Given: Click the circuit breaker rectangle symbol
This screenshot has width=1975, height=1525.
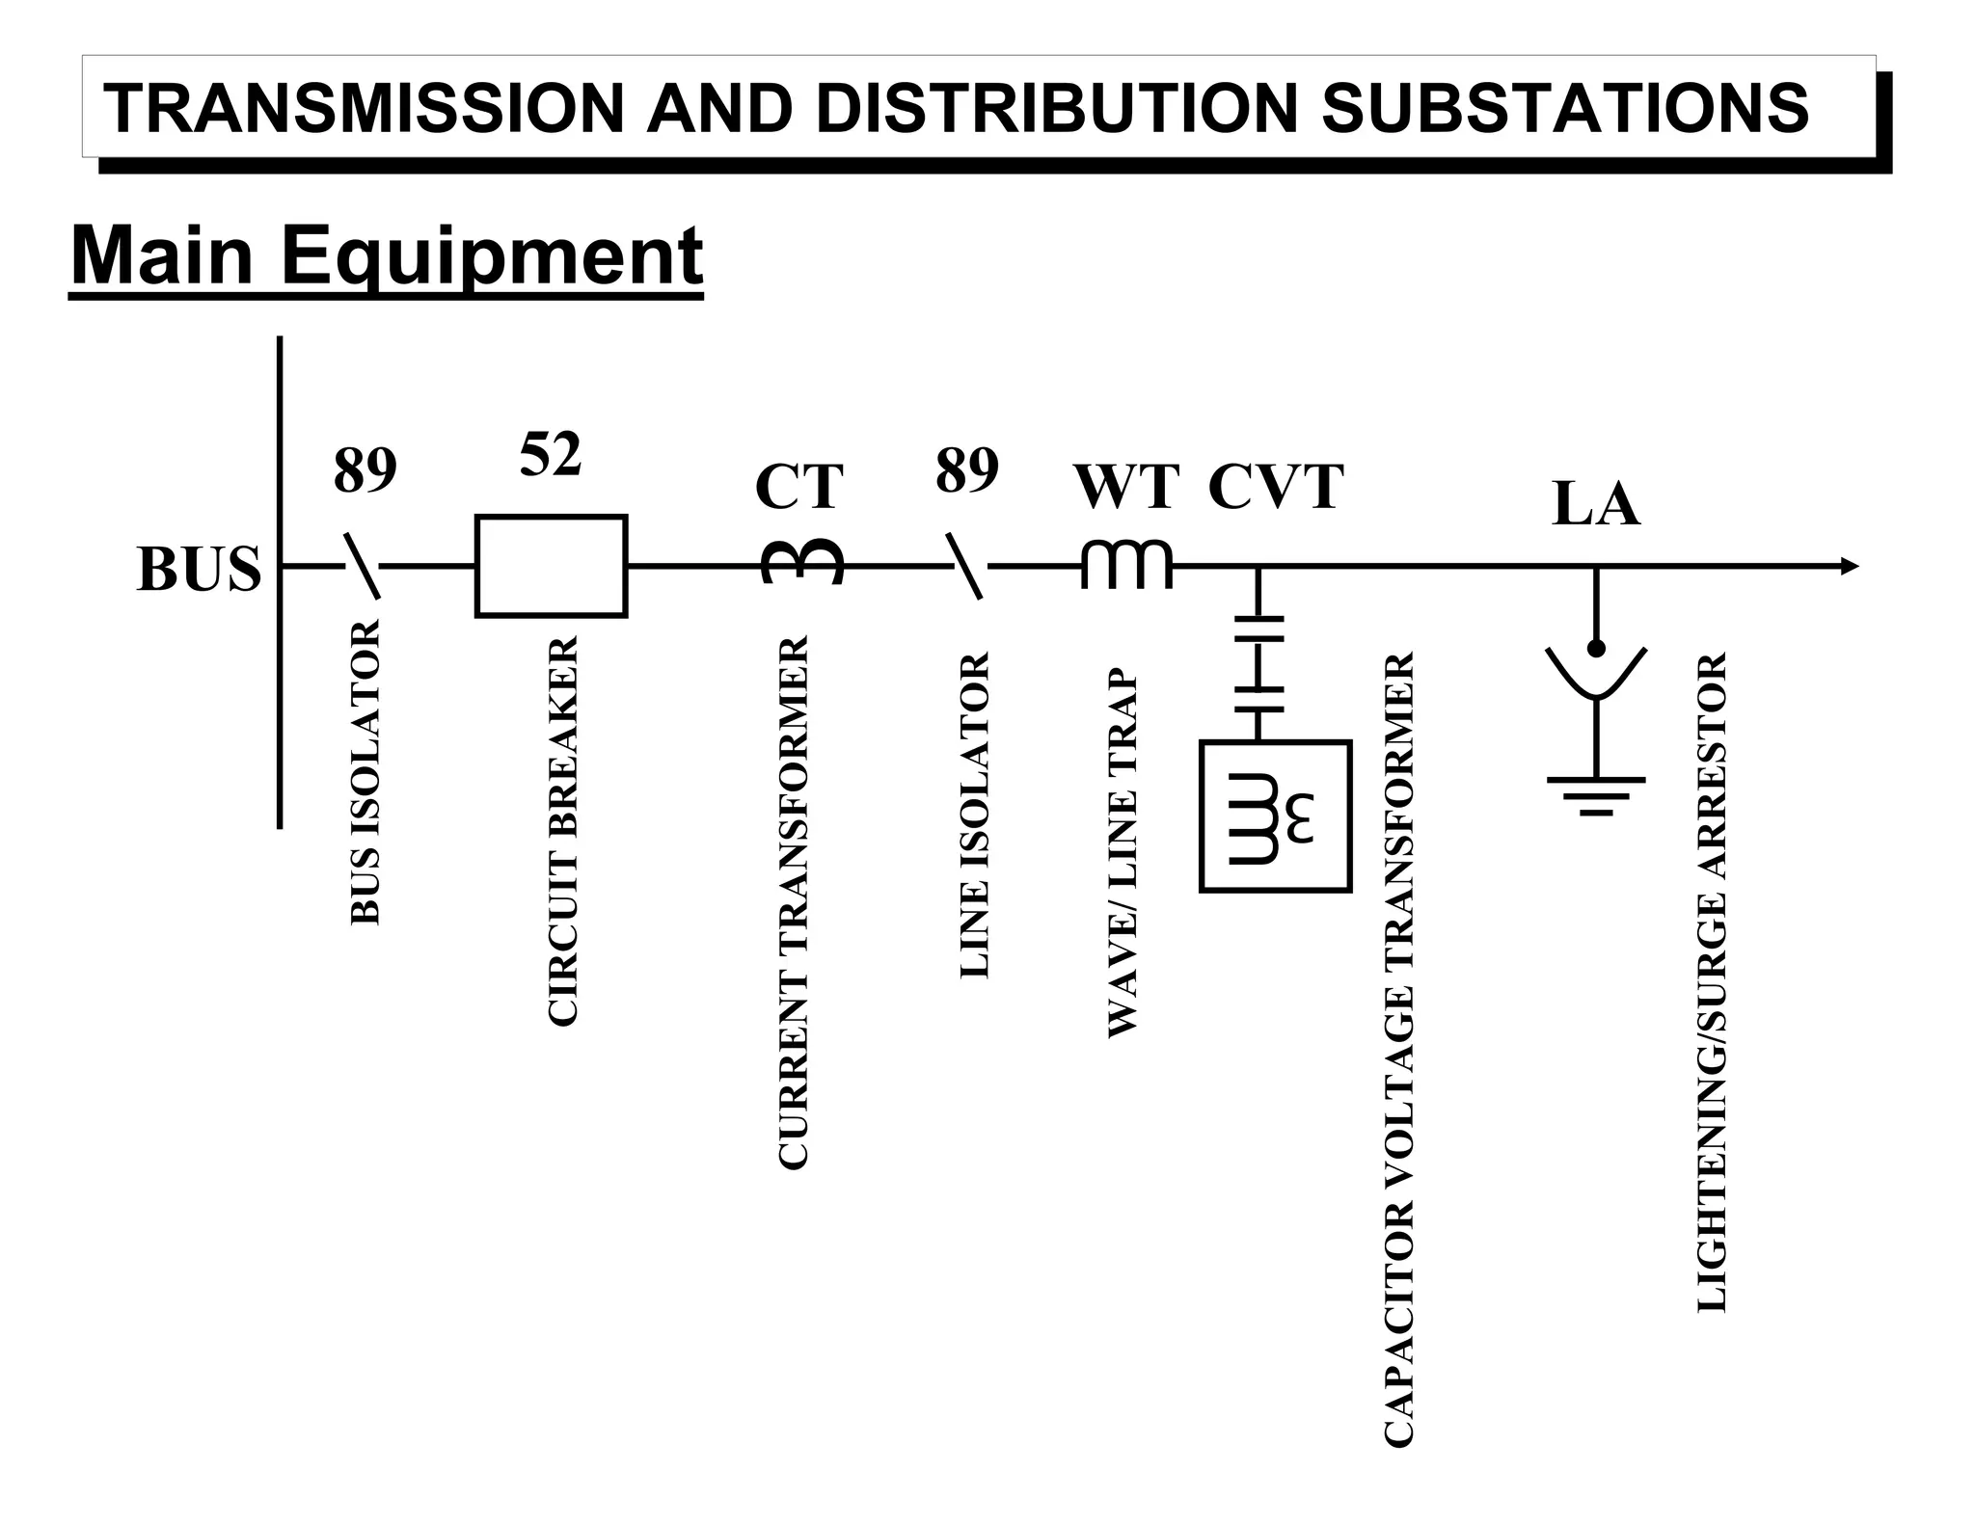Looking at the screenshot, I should (x=551, y=566).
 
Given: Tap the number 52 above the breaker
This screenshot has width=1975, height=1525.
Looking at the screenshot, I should (x=551, y=454).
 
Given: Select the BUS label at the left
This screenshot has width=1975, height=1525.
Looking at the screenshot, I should (x=199, y=569).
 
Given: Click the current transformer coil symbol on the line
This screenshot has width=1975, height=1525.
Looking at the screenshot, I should (x=802, y=562).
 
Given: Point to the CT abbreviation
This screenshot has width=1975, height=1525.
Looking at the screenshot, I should (x=798, y=486).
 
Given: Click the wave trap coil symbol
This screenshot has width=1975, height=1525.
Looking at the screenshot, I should (x=1126, y=563).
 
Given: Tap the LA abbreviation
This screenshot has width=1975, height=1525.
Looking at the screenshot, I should (x=1595, y=504).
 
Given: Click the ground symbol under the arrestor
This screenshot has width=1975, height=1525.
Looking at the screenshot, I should (x=1596, y=794).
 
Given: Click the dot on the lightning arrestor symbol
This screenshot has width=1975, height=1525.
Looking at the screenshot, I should (x=1596, y=648).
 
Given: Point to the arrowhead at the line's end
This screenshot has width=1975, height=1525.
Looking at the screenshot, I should (x=1849, y=567).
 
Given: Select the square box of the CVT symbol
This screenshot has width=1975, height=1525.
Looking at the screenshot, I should (x=1275, y=816).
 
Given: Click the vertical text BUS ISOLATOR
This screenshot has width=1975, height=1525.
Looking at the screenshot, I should (x=365, y=772).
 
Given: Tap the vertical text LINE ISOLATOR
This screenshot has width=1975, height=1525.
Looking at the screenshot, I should (x=975, y=815).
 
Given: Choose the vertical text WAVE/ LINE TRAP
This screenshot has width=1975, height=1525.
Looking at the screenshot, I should (x=1123, y=852).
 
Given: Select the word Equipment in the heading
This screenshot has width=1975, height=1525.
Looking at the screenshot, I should (x=493, y=256).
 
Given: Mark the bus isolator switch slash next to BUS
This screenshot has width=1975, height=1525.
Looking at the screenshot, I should (x=363, y=567).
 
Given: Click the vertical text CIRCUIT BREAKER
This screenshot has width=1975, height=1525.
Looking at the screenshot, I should (x=562, y=830).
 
